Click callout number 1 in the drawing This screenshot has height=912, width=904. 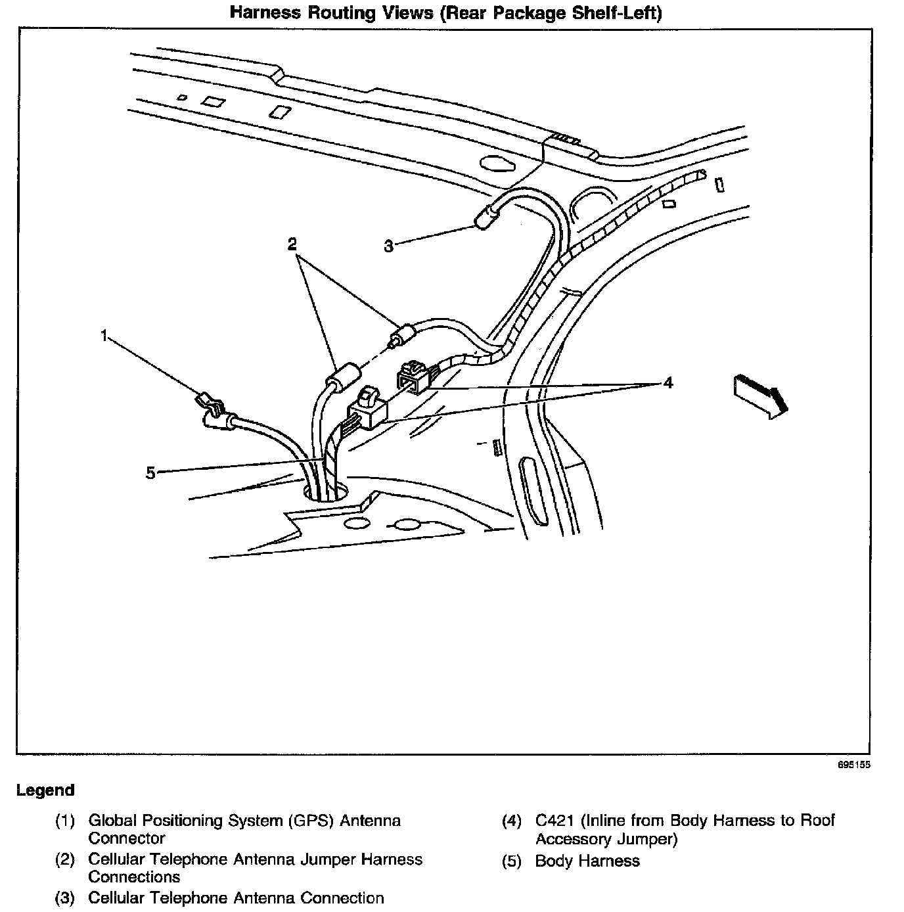[x=104, y=336]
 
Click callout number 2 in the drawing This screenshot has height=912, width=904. [x=292, y=244]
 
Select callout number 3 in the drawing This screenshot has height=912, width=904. [x=389, y=246]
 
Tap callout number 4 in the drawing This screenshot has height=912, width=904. [x=668, y=382]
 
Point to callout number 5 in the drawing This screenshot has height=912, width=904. [x=150, y=472]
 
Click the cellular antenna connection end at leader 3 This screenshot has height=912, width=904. [x=486, y=217]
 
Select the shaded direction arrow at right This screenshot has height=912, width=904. [x=759, y=395]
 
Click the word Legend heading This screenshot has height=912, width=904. [x=45, y=790]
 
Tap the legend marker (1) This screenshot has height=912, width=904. [x=65, y=821]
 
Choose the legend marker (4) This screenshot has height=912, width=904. [x=512, y=821]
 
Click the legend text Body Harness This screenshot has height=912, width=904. [x=587, y=861]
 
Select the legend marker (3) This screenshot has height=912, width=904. [x=65, y=898]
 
